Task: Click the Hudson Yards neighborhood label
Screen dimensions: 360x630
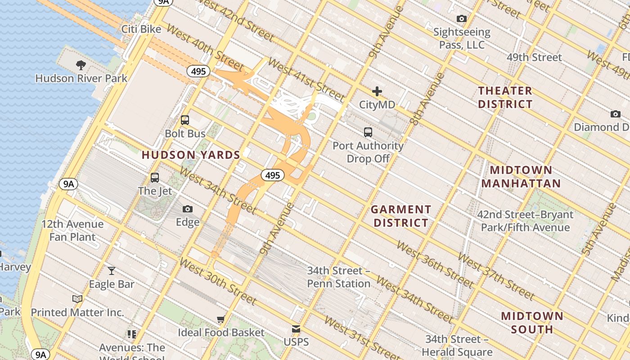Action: pyautogui.click(x=191, y=155)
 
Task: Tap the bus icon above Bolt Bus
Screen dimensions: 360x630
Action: pyautogui.click(x=184, y=120)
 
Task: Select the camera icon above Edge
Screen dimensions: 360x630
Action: pyautogui.click(x=188, y=209)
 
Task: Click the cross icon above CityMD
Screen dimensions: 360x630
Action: pyautogui.click(x=377, y=92)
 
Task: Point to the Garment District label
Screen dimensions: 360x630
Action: pyautogui.click(x=401, y=216)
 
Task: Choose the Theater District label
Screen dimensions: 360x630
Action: pyautogui.click(x=505, y=97)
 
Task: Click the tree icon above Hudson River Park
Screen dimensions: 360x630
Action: pyautogui.click(x=81, y=65)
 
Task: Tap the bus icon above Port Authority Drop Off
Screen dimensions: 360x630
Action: pyautogui.click(x=368, y=132)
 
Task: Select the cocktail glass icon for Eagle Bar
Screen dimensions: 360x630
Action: pyautogui.click(x=112, y=271)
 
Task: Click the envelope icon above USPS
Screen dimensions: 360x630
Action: pyautogui.click(x=296, y=329)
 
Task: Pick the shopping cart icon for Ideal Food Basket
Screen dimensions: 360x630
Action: pyautogui.click(x=220, y=319)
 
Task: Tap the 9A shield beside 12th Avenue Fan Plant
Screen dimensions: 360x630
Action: pyautogui.click(x=68, y=184)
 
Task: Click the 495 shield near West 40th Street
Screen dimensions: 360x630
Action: pyautogui.click(x=198, y=71)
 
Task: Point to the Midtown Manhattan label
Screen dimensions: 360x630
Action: pyautogui.click(x=521, y=176)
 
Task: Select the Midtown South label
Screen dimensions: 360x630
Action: pyautogui.click(x=532, y=323)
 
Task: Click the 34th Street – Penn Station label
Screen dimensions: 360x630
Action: pyautogui.click(x=338, y=277)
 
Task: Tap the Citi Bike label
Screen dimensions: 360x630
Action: pyautogui.click(x=141, y=29)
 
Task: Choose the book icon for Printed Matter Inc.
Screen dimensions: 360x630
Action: pyautogui.click(x=77, y=299)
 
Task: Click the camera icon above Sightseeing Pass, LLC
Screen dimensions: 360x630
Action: pyautogui.click(x=461, y=19)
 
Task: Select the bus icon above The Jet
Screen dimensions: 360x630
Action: pyautogui.click(x=155, y=178)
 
